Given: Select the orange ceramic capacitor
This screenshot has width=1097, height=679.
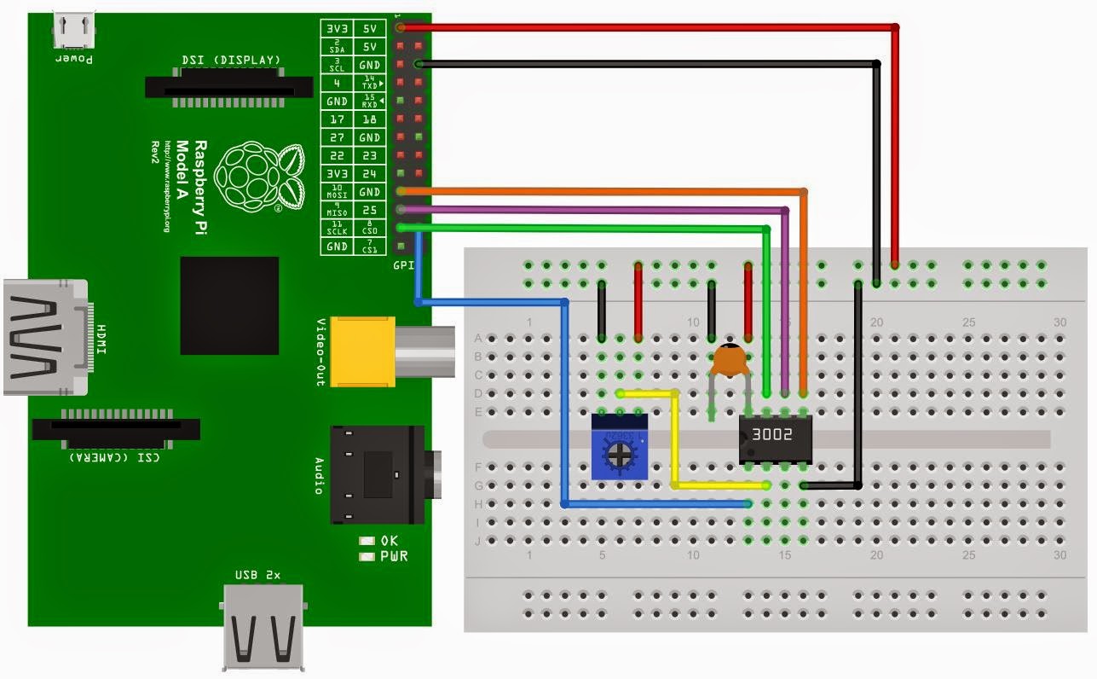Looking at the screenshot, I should click(729, 362).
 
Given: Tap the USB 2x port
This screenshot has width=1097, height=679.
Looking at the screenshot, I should click(263, 628).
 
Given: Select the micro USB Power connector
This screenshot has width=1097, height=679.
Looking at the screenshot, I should click(73, 32).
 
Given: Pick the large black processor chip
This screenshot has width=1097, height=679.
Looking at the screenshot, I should click(229, 305).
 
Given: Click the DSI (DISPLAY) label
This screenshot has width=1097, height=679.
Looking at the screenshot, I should click(230, 60).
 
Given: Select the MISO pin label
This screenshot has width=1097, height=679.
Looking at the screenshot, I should click(337, 211).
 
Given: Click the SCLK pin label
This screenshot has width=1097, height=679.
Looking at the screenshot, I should click(337, 229).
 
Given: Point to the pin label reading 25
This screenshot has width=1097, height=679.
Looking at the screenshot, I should click(370, 210).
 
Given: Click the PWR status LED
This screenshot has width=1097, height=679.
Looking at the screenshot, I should click(367, 556).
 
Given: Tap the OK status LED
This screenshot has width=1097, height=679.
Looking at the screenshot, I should click(367, 540).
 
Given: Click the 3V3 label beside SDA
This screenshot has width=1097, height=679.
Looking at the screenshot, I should click(337, 28).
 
